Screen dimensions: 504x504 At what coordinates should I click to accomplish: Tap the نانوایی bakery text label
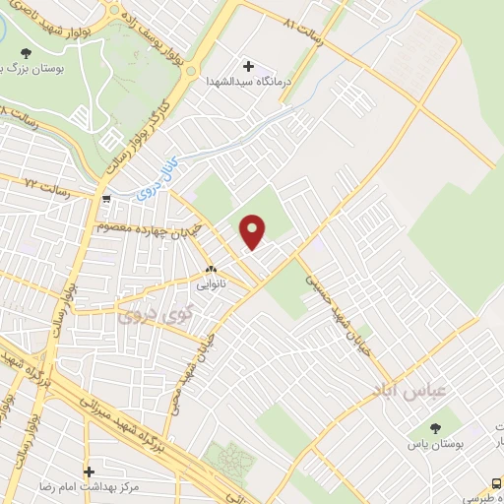click(211, 283)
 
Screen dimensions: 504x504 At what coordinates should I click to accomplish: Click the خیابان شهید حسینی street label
click(324, 289)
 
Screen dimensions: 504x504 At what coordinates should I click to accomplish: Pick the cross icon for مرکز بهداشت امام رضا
click(90, 472)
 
